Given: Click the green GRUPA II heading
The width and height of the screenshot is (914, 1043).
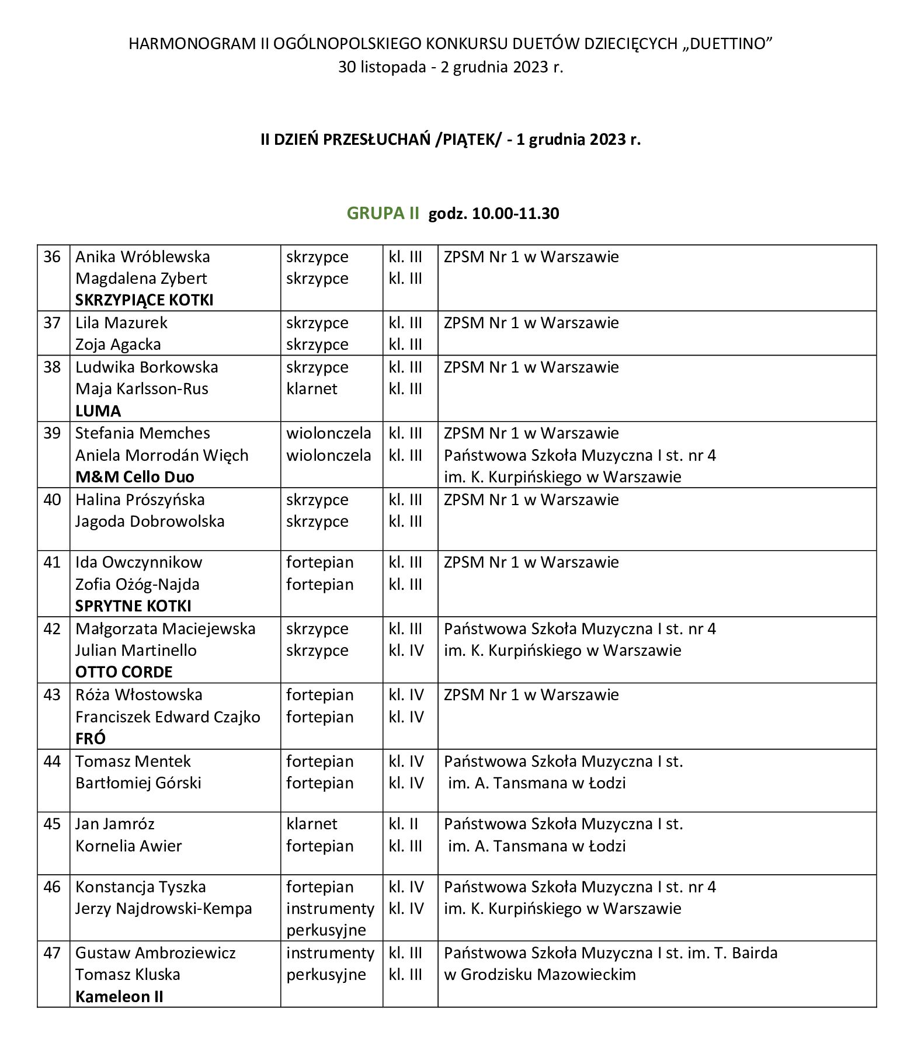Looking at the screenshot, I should pos(383,213).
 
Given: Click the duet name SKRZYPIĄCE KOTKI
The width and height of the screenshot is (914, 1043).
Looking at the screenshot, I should pos(144,300).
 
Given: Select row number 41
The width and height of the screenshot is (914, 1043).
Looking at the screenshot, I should pos(52,562).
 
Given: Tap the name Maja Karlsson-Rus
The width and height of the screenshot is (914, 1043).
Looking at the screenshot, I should pos(141,389).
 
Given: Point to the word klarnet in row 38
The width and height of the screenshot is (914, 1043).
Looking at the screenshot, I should pos(311,389).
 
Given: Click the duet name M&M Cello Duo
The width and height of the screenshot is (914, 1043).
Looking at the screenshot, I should pos(135,477).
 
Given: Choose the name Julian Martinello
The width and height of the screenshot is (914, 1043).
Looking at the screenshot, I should pos(136,651).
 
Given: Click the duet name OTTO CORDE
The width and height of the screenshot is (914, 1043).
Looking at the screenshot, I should pos(124,672).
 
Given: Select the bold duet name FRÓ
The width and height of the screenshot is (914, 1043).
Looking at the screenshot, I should pos(91,739).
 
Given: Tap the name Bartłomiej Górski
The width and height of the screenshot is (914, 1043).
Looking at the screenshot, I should pos(138,783).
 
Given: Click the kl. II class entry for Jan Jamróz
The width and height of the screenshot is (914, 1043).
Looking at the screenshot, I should pos(404,824).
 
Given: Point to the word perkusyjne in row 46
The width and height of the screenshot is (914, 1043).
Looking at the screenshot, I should pos(326,930).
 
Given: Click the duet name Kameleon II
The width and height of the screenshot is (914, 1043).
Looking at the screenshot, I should pos(119,997).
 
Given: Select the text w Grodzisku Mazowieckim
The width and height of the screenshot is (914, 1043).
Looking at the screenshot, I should pos(540,975).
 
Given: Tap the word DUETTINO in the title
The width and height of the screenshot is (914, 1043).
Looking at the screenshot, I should pos(724,44).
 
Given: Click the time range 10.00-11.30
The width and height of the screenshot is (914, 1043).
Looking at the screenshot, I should pos(515,214).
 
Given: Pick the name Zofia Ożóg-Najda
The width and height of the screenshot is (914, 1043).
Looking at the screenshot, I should pos(137,585).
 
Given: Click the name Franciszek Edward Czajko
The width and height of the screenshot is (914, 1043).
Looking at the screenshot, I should pos(168,717).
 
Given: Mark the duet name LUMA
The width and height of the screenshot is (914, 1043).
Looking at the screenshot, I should pos(98,411).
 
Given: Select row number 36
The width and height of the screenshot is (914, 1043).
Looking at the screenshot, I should pos(52,257).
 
